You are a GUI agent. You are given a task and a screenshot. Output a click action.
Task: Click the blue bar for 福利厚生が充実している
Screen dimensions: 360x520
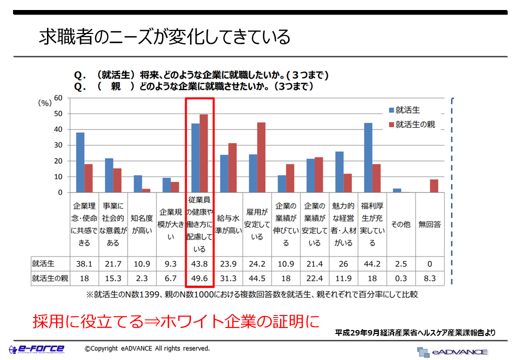tap(368, 157)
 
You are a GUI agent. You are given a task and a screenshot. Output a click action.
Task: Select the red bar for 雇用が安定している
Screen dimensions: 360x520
tap(261, 157)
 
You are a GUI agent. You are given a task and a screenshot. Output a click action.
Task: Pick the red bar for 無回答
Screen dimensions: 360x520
tap(434, 186)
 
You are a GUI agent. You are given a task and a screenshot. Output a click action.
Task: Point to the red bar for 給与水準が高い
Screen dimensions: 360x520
tap(232, 168)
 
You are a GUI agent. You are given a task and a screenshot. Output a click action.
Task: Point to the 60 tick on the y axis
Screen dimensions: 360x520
tap(58, 98)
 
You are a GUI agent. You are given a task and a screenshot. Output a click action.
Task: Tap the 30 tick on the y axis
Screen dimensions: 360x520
tap(58, 145)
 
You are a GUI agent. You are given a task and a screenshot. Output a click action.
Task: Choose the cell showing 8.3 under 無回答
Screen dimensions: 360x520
tap(429, 278)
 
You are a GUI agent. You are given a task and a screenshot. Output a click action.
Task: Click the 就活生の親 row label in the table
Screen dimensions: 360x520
tap(49, 278)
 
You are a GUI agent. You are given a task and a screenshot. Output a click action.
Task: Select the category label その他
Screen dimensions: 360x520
tap(400, 224)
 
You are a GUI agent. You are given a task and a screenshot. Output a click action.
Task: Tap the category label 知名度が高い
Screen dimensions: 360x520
tap(141, 224)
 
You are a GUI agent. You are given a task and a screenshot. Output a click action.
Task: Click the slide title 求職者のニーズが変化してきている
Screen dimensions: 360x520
tap(164, 37)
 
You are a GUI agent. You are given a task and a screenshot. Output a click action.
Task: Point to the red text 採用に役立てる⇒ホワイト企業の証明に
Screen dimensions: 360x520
tap(175, 321)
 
